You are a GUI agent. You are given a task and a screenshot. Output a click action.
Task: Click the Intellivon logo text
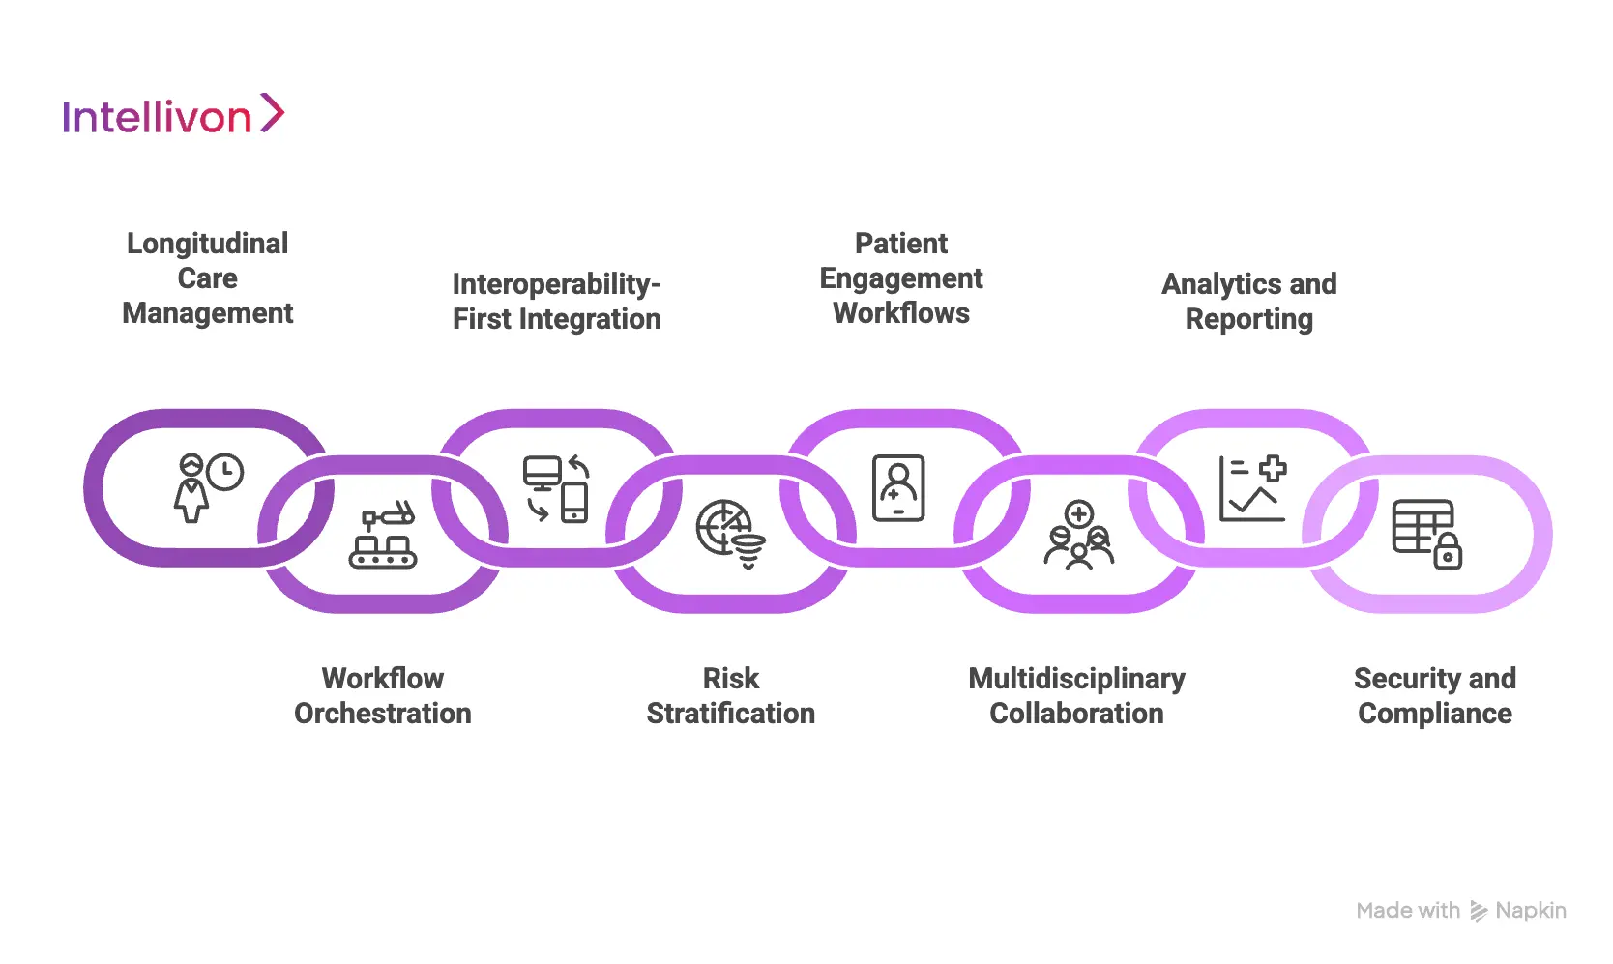[157, 117]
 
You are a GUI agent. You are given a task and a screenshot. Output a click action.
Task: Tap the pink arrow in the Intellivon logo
[273, 113]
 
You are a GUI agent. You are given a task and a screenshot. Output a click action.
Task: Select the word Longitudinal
[207, 244]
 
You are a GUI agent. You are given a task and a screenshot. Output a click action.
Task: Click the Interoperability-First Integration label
[556, 302]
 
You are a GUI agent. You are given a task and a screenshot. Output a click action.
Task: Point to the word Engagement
[900, 278]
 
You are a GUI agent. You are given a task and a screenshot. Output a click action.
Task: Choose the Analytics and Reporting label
[1248, 302]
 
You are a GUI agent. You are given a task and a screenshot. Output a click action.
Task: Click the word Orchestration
[383, 714]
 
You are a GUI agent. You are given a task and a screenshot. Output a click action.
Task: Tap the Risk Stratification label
[730, 696]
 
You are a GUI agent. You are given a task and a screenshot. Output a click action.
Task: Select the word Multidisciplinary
[1076, 679]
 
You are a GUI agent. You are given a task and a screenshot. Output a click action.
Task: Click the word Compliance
[1434, 714]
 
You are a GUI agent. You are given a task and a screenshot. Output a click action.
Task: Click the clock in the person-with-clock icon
[225, 472]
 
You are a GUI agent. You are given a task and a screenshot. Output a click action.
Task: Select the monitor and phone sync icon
[556, 488]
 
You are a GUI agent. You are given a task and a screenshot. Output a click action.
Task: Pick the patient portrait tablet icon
[898, 488]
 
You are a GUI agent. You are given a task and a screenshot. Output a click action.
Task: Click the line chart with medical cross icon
[1252, 488]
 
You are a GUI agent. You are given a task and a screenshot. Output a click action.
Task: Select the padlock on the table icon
[1447, 554]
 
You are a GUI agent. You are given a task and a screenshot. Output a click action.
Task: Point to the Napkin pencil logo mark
[1478, 911]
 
